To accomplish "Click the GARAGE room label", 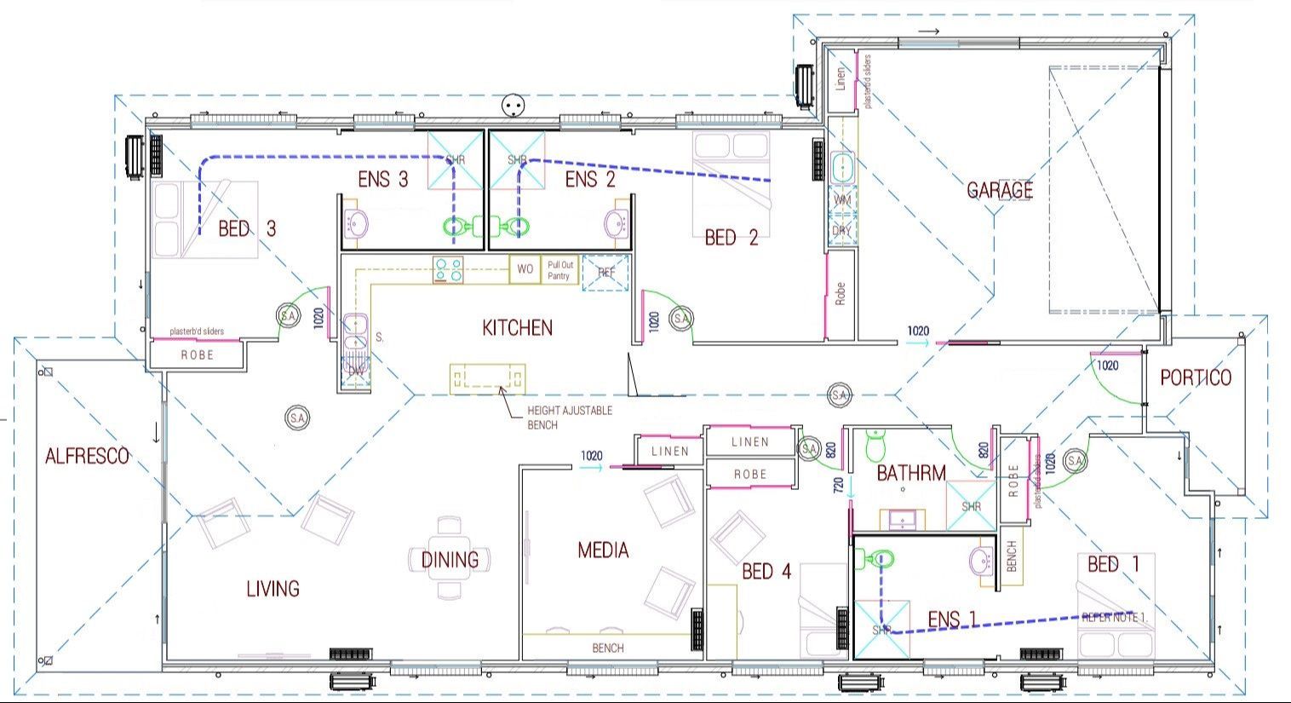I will pyautogui.click(x=999, y=190).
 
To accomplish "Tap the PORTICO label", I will pyautogui.click(x=1196, y=377).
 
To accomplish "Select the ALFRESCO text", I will pyautogui.click(x=87, y=456).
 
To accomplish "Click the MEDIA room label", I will pyautogui.click(x=603, y=550).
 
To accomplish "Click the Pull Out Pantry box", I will pyautogui.click(x=559, y=270).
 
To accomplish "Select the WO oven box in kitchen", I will pyautogui.click(x=525, y=269).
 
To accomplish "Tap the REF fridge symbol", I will pyautogui.click(x=605, y=273).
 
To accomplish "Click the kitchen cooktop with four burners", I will pyautogui.click(x=448, y=270).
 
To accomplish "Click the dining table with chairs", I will pyautogui.click(x=450, y=559).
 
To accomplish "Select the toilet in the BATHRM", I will pyautogui.click(x=875, y=443).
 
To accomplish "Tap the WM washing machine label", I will pyautogui.click(x=841, y=199).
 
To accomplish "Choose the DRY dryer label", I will pyautogui.click(x=841, y=230).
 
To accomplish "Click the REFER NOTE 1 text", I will pyautogui.click(x=1114, y=617).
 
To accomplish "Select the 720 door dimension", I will pyautogui.click(x=838, y=487).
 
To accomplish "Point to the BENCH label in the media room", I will pyautogui.click(x=607, y=648).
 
